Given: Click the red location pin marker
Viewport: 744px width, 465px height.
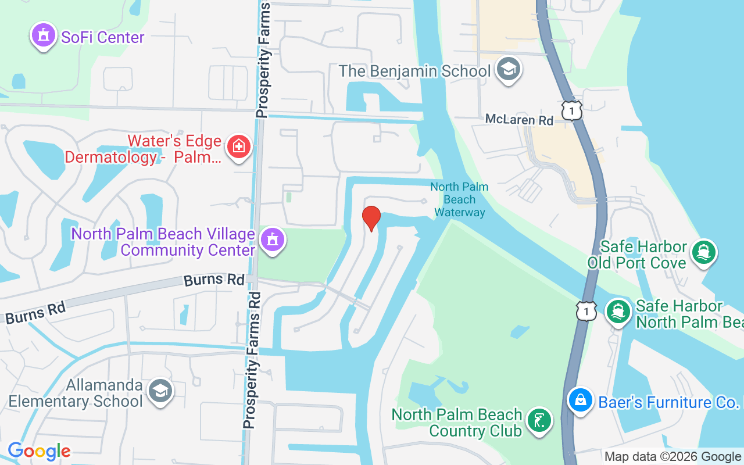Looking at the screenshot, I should [x=371, y=217].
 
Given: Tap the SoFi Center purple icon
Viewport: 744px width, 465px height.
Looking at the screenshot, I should [x=43, y=35].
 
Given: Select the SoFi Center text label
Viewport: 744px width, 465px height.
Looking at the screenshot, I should [x=103, y=37].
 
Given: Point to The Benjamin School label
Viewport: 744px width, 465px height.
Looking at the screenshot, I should [x=414, y=71].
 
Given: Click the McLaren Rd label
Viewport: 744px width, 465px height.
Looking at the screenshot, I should [x=520, y=120].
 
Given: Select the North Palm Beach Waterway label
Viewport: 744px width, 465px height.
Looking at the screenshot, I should [x=459, y=199].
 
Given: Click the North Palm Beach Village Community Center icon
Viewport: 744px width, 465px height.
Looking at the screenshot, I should [x=271, y=239].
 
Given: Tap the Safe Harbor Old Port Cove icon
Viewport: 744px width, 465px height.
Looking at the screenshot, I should [x=704, y=252].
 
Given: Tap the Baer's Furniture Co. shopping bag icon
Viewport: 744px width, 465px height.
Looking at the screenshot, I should [x=580, y=400].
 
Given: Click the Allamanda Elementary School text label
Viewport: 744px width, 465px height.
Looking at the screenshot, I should [x=76, y=394].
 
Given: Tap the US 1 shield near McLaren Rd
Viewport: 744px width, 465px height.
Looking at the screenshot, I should [x=572, y=110].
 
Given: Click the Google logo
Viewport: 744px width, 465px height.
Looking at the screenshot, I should [x=39, y=451].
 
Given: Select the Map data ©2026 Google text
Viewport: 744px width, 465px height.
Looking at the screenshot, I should [x=673, y=457].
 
